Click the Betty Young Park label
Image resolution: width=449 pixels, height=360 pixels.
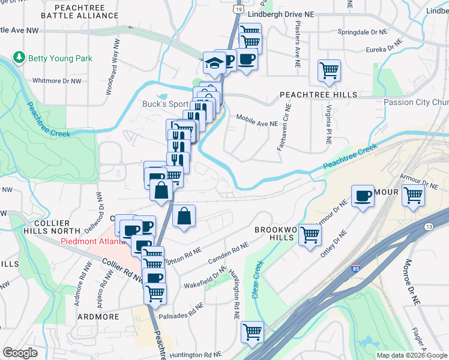point(58,59)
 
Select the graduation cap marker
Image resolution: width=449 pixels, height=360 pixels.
point(214,62)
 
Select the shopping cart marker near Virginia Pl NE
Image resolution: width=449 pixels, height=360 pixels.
point(329,70)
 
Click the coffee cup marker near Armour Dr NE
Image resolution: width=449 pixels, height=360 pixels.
point(363,196)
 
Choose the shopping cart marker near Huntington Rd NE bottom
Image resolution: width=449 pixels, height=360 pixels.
point(252,332)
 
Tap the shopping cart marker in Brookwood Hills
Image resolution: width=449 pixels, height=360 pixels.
point(310,235)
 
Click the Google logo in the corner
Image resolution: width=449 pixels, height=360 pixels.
point(20,353)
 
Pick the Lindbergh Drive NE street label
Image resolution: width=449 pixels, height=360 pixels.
point(285,11)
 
